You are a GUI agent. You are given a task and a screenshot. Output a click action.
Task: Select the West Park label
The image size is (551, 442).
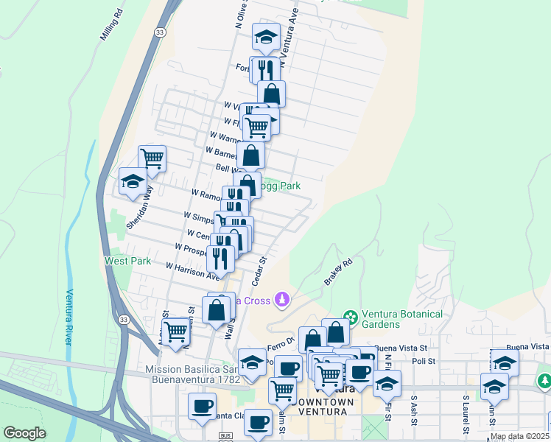tap(127, 261)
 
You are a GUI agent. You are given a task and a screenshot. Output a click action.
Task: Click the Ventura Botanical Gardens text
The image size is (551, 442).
tap(401, 319)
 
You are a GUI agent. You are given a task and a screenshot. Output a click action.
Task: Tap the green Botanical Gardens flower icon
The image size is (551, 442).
tap(350, 318)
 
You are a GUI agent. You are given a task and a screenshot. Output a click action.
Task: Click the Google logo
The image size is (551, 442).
tap(24, 433)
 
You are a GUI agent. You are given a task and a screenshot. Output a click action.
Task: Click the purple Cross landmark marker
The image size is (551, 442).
tap(281, 300)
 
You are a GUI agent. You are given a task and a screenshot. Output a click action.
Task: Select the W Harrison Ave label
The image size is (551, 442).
tap(193, 271)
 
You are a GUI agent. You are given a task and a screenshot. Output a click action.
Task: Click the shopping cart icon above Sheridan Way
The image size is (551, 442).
tap(152, 158)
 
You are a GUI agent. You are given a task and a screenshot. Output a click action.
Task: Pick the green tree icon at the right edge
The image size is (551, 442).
tap(544, 382)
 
